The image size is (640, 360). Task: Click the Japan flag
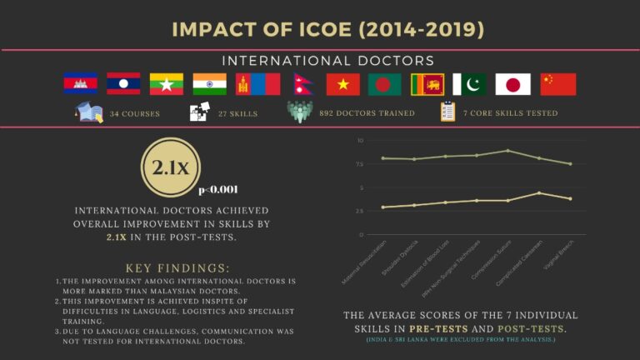tap(512, 84)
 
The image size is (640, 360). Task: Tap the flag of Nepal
tap(300, 84)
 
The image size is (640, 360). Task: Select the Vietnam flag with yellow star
tap(342, 84)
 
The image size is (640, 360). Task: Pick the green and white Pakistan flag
tap(469, 84)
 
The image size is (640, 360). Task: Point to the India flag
tap(209, 84)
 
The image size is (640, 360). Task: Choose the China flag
tap(558, 84)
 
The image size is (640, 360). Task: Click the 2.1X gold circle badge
tap(172, 168)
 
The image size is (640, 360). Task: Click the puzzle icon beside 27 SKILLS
tap(200, 112)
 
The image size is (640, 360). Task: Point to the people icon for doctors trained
tap(302, 112)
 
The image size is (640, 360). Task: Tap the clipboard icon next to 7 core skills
tap(448, 112)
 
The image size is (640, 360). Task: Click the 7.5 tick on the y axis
tap(360, 164)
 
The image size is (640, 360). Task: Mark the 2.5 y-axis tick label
tap(360, 211)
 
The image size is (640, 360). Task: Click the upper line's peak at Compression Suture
tap(507, 151)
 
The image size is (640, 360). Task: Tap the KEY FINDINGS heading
tap(177, 268)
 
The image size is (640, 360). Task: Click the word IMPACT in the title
tap(211, 30)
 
